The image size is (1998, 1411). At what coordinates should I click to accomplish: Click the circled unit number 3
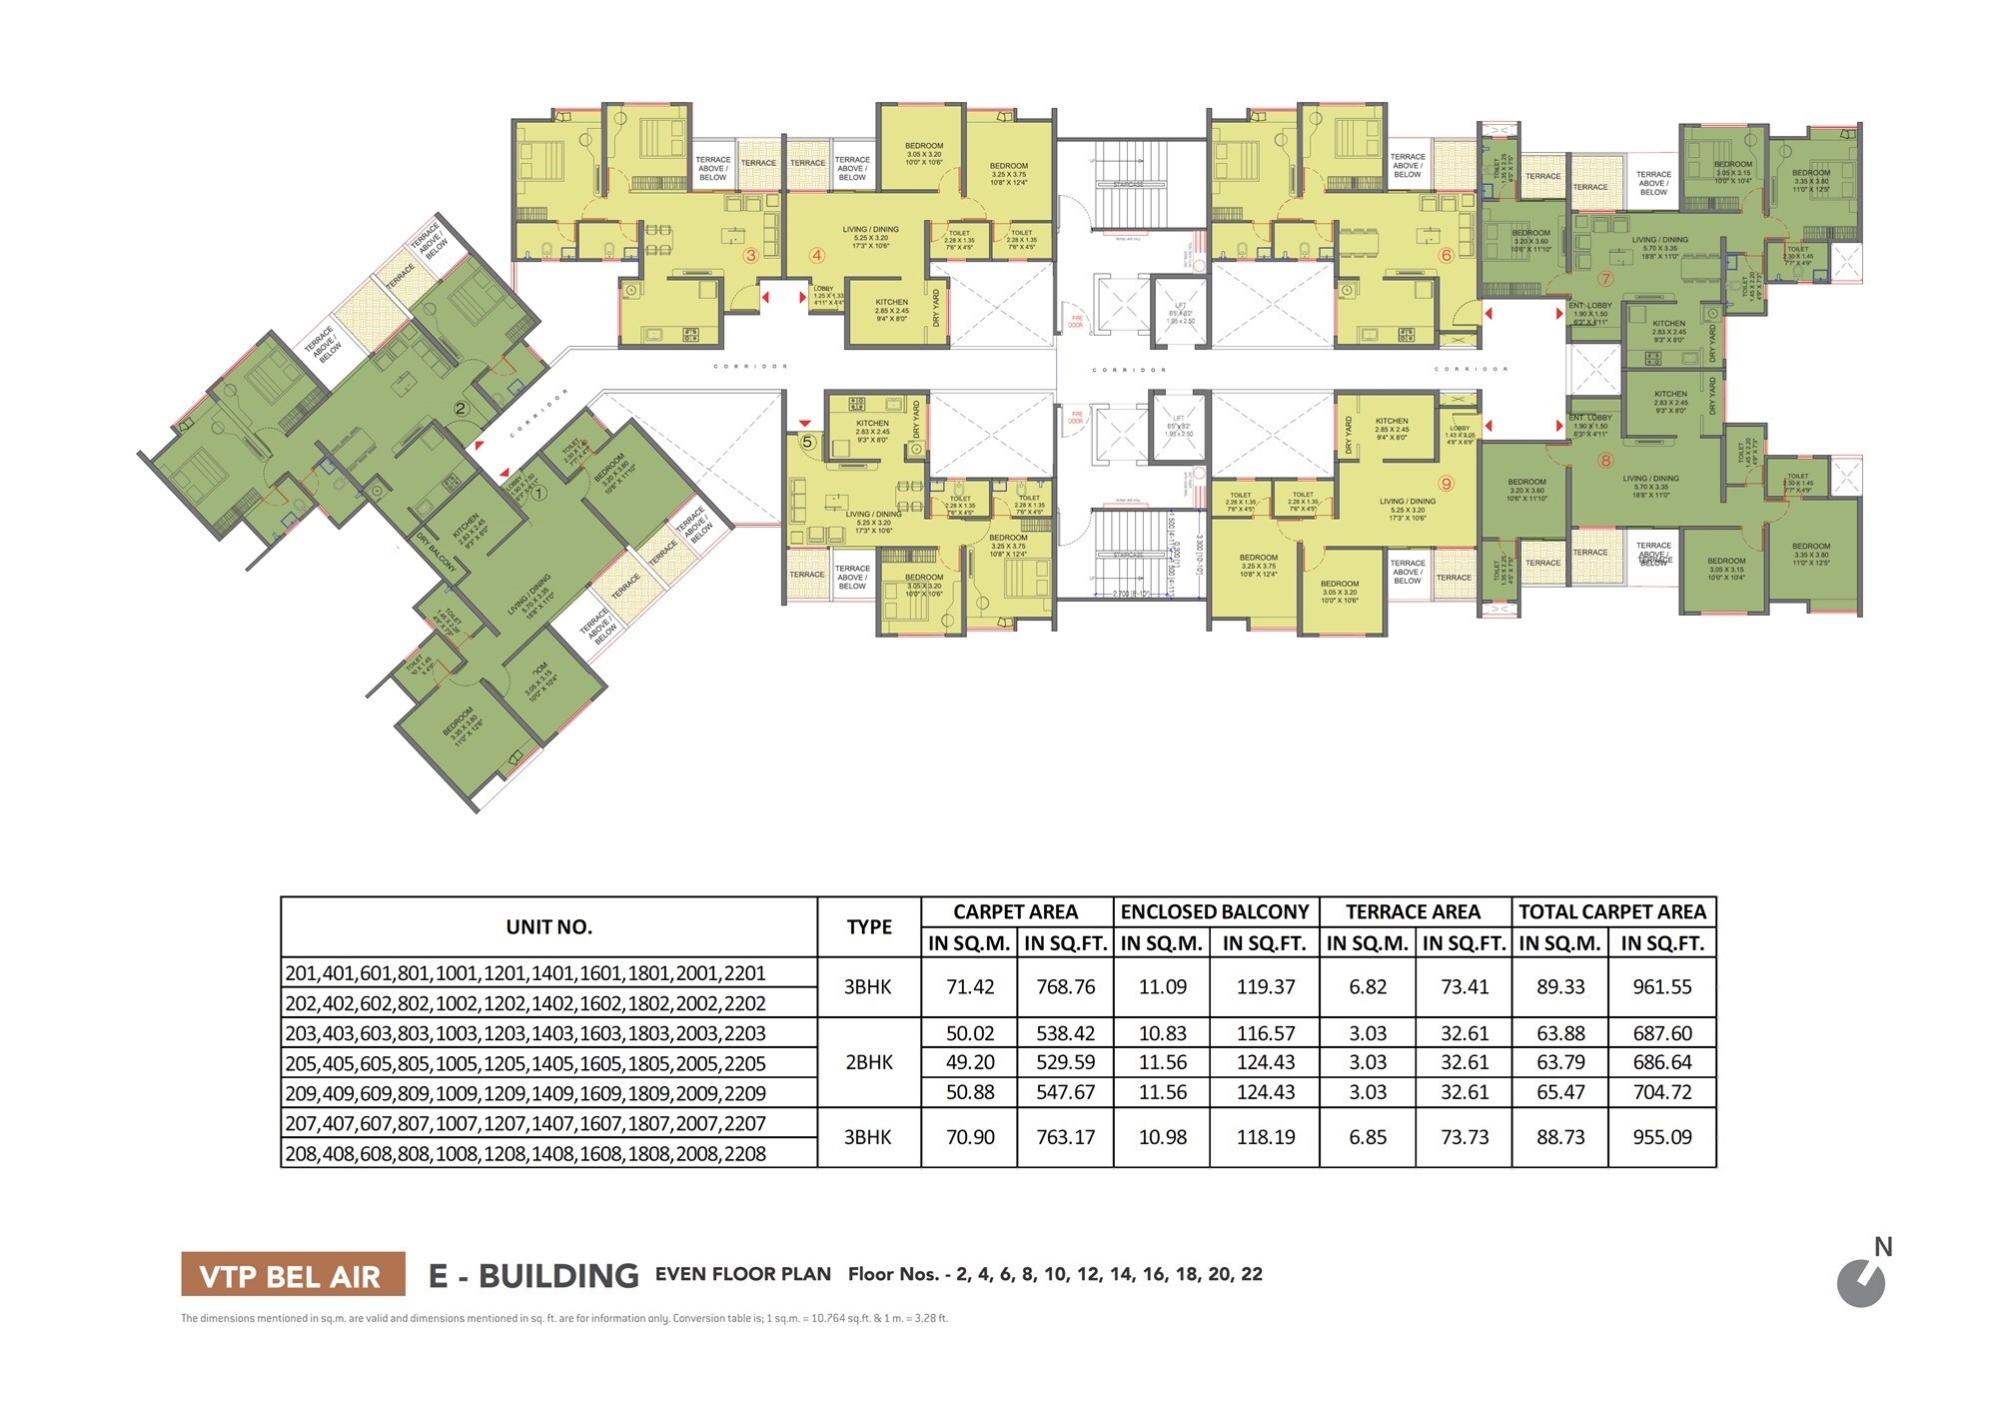750,255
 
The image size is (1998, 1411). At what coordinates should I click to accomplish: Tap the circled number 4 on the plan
817,255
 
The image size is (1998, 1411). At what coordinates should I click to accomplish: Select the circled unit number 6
1446,255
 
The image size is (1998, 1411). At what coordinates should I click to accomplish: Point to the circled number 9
1446,484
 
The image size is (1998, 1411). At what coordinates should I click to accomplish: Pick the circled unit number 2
461,408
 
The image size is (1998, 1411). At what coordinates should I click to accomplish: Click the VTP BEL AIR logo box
293,1275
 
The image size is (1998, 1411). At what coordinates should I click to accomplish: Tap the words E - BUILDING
533,1275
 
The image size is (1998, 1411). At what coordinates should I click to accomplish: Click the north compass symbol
1861,1283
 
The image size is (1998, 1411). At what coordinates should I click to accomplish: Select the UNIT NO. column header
548,927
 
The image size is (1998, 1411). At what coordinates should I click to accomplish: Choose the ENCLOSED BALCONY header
1214,911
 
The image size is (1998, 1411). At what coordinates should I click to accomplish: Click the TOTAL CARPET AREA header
1611,911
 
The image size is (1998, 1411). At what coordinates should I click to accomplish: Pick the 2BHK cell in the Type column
869,1062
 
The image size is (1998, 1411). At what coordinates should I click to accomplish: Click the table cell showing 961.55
1662,987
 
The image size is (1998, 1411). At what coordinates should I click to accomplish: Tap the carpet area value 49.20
969,1062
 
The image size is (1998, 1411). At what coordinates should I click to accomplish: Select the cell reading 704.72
1662,1092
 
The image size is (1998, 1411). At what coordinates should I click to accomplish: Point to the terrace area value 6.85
1367,1137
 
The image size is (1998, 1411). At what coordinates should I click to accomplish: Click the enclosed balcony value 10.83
1162,1033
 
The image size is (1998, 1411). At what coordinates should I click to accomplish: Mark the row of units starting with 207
525,1123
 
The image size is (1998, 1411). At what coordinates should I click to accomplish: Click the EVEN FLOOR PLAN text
742,1274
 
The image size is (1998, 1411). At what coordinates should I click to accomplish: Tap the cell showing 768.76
1065,987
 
